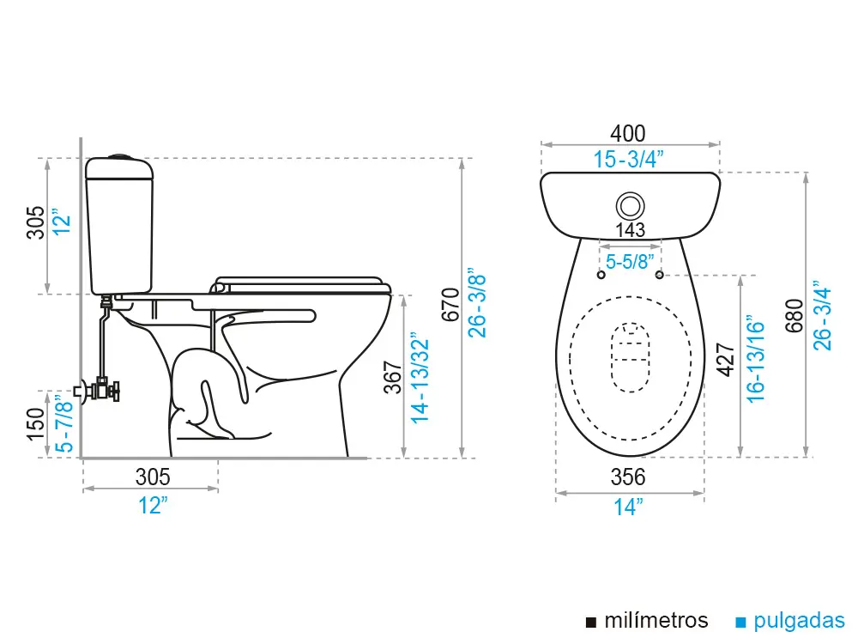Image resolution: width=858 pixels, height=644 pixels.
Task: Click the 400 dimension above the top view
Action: click(627, 134)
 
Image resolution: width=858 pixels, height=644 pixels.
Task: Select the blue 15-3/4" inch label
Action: click(630, 159)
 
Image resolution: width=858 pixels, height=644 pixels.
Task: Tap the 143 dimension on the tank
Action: click(630, 230)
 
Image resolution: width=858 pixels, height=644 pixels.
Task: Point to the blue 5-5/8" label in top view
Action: click(630, 261)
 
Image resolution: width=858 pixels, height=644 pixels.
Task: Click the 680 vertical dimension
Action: click(795, 316)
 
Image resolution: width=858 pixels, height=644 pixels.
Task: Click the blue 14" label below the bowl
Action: click(628, 507)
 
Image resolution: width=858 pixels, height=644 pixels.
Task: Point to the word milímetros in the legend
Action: click(656, 621)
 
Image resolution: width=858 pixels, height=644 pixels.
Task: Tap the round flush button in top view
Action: click(631, 205)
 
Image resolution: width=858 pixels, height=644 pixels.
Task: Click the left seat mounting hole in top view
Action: click(600, 275)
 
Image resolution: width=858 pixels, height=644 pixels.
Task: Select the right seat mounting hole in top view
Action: click(659, 275)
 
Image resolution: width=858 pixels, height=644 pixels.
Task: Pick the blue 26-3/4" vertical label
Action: click(824, 316)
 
